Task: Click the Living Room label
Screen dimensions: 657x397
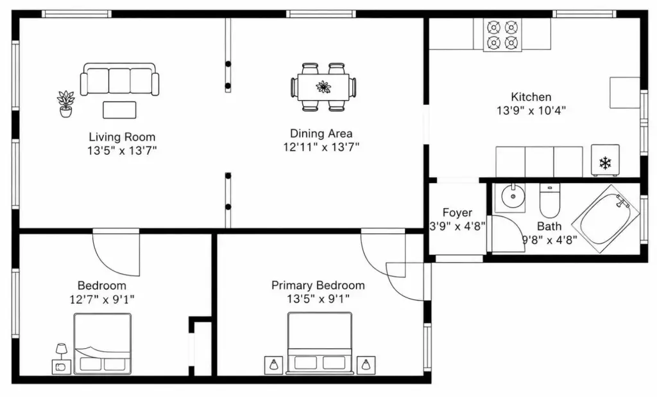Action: (x=122, y=137)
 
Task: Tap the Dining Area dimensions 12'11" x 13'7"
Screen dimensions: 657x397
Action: (x=321, y=147)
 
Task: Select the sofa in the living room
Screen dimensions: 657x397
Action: (x=120, y=79)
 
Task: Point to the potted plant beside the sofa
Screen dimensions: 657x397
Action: (x=66, y=103)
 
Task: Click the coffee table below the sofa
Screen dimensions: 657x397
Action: (x=119, y=110)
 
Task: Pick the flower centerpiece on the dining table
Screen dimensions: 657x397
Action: (x=323, y=87)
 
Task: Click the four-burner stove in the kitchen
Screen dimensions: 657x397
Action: (x=502, y=35)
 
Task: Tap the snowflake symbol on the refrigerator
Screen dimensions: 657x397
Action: (x=605, y=163)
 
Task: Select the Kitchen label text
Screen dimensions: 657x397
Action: (x=531, y=97)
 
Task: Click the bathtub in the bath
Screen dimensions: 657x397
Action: (x=606, y=218)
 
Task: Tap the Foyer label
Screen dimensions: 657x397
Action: (x=457, y=213)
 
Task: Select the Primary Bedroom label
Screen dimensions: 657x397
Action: (x=318, y=285)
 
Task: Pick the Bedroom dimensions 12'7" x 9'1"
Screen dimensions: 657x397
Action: (x=102, y=299)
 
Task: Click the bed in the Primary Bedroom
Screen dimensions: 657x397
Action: (x=320, y=343)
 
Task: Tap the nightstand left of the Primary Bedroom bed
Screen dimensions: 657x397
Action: (x=273, y=365)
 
